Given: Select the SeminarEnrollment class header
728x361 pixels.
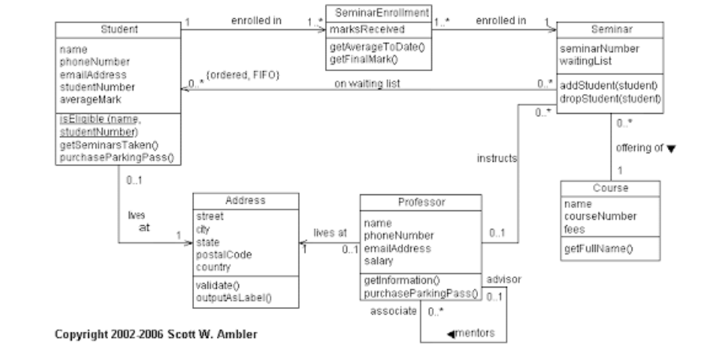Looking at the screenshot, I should pos(371,13).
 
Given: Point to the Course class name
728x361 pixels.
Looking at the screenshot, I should pos(610,189).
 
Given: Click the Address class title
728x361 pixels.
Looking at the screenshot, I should pos(245,201).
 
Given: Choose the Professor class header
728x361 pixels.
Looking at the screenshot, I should pos(422,202).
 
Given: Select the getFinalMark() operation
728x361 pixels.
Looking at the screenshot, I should pos(364,58).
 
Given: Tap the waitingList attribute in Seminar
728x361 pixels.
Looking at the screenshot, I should pos(582,60).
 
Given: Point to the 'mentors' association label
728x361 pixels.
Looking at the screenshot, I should pos(472,334).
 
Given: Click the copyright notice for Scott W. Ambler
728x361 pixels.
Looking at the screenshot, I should pos(155,334).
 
